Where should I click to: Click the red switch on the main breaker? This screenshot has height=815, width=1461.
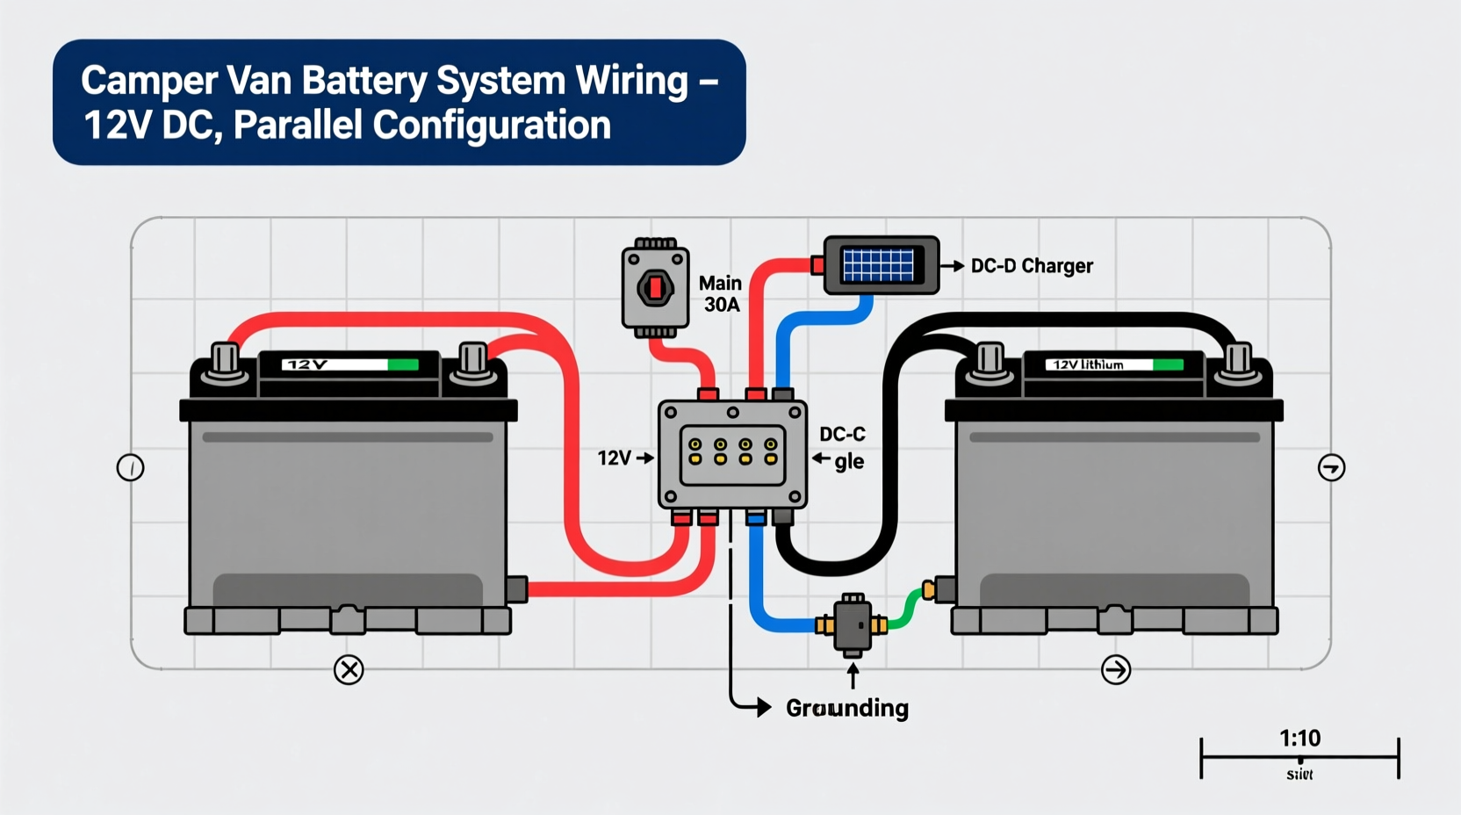tap(655, 287)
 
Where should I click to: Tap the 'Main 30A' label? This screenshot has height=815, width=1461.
tap(721, 294)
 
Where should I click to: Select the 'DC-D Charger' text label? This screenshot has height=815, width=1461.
tap(1032, 266)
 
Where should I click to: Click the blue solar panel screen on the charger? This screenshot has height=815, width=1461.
tap(877, 264)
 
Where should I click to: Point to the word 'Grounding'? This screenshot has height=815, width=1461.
tap(847, 708)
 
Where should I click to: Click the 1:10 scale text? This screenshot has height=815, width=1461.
tap(1299, 738)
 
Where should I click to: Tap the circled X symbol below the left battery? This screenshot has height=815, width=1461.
tap(349, 670)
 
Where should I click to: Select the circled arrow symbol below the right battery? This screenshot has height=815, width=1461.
tap(1116, 670)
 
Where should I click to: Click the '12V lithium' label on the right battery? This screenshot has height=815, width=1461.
tap(1089, 364)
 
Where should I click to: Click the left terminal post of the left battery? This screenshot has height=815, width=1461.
tap(225, 360)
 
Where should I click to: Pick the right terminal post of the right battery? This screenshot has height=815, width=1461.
tap(1238, 360)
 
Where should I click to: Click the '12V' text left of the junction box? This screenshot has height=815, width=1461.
tap(614, 458)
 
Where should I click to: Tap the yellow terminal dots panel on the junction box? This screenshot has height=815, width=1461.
tap(732, 452)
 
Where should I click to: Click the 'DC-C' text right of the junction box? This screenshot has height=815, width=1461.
tap(842, 434)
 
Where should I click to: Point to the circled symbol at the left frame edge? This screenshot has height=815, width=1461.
tap(130, 467)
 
